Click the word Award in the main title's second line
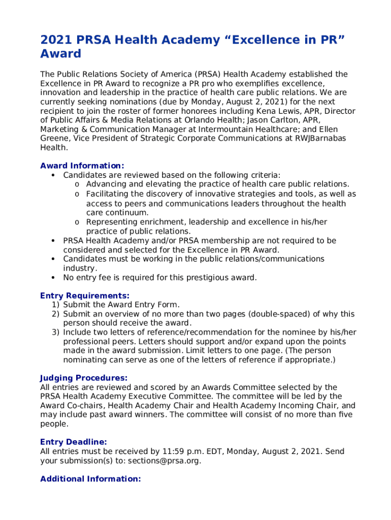pyautogui.click(x=60, y=54)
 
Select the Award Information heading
pyautogui.click(x=82, y=166)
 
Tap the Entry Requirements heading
pyautogui.click(x=85, y=296)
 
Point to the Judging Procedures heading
pyautogui.click(x=84, y=378)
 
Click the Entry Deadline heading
pyautogui.click(x=74, y=442)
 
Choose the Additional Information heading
pyautogui.click(x=90, y=479)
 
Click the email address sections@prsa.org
pyautogui.click(x=164, y=461)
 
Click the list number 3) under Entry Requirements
pyautogui.click(x=55, y=333)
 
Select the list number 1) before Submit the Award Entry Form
pyautogui.click(x=55, y=305)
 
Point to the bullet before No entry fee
pyautogui.click(x=53, y=278)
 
